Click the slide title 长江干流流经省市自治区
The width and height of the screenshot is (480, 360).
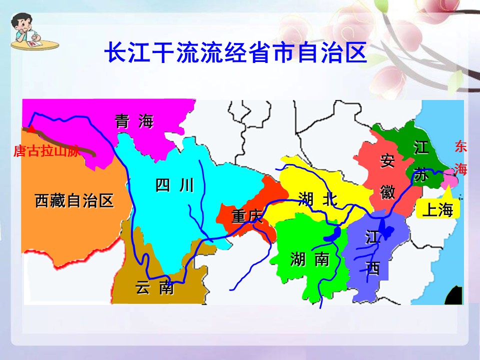pos(235,53)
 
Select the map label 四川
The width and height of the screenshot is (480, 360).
pos(174,186)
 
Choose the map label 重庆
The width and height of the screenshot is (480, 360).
pos(247,216)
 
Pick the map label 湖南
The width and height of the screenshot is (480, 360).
pos(310,259)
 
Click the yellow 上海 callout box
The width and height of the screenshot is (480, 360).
pos(437,210)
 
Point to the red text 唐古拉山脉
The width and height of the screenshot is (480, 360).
pos(46,151)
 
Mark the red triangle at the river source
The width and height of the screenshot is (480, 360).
pos(31,129)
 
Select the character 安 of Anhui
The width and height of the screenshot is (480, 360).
pos(387,161)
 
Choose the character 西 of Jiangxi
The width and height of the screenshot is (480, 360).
pos(373,268)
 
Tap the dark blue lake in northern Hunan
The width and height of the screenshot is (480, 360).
pos(332,233)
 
